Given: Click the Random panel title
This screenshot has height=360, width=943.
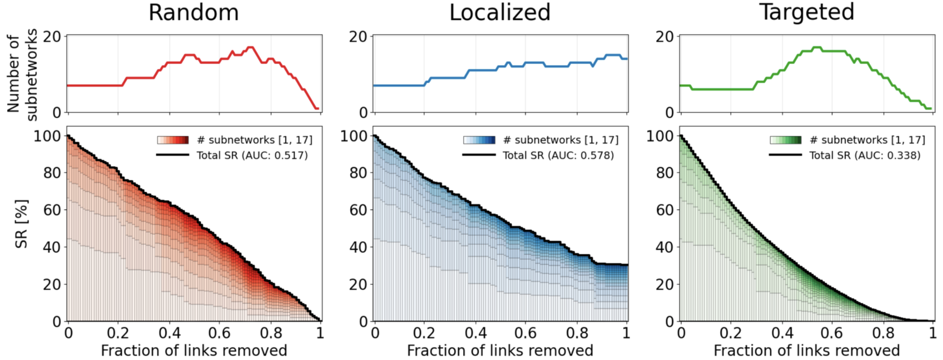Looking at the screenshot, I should (x=194, y=12).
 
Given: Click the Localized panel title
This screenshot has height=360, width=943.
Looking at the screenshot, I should (x=500, y=12).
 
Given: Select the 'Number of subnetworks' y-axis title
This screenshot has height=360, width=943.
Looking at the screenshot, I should (x=22, y=74).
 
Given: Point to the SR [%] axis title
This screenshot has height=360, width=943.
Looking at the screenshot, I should (x=22, y=223).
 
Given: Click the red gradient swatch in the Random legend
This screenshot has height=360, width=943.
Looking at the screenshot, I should (x=173, y=140).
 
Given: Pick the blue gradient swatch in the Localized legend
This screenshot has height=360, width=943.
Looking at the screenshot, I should (x=479, y=140).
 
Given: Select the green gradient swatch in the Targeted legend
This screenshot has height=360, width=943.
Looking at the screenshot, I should (x=786, y=140).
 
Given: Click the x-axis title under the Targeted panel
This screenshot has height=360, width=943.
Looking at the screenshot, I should (x=806, y=351).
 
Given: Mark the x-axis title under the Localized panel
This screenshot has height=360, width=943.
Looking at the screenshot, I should (x=500, y=351).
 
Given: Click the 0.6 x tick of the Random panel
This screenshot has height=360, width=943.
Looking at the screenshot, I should (x=219, y=334).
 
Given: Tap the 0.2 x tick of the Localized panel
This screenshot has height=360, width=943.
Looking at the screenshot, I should (x=424, y=334).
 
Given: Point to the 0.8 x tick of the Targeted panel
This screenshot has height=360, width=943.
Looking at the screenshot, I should (x=883, y=334).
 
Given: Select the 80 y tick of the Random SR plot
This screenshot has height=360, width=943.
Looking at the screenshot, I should (x=52, y=173).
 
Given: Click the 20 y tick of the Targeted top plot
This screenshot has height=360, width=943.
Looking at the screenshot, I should (x=665, y=37).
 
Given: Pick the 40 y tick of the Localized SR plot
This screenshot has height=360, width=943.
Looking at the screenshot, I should (x=358, y=247).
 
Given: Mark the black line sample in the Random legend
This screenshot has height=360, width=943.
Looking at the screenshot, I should (x=172, y=155).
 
